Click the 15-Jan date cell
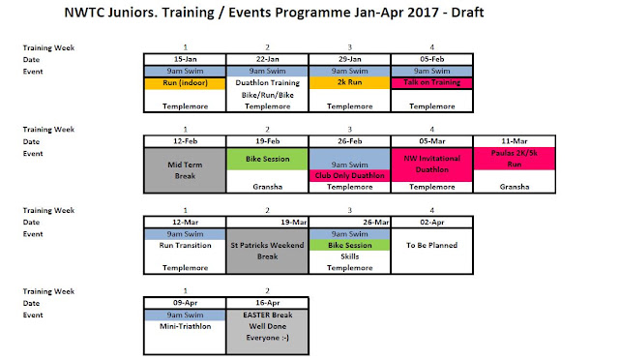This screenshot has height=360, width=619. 185,59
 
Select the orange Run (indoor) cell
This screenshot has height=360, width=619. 185,83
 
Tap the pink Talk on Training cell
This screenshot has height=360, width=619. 432,82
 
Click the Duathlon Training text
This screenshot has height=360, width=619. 267,83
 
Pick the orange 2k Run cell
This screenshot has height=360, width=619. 349,82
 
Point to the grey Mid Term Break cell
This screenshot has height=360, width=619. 185,170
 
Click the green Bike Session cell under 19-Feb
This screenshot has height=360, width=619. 267,159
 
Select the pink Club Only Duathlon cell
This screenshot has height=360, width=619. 349,175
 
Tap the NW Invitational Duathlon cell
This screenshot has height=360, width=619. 432,165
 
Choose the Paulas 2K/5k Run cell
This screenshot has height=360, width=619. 514,159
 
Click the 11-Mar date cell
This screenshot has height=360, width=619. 514,141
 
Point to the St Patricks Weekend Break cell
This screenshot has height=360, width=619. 267,251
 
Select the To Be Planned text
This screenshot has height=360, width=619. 432,245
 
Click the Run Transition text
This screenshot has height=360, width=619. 185,245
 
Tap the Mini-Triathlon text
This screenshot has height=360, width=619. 185,326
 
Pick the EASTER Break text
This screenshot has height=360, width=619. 268,315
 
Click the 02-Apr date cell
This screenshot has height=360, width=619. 432,222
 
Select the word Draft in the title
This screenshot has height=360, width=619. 467,13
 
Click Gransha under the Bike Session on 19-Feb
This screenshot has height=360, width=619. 267,187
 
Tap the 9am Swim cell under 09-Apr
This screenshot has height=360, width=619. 185,315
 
